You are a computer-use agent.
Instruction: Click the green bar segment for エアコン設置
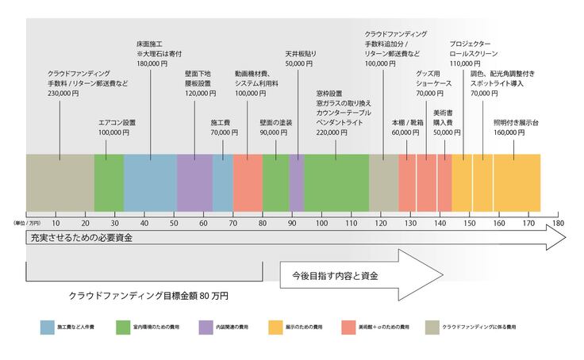click(109, 182)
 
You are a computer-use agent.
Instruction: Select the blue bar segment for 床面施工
click(150, 182)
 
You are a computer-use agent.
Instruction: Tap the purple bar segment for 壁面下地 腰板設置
click(194, 182)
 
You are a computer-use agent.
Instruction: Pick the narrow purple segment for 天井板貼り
click(296, 182)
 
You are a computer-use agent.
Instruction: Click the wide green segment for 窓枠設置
click(336, 182)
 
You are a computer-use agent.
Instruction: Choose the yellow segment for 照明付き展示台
click(517, 182)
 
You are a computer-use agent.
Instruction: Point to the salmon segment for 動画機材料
click(248, 182)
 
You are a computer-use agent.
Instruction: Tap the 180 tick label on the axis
click(558, 224)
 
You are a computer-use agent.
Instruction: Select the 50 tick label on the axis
click(174, 224)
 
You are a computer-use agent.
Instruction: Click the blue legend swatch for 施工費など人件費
click(50, 326)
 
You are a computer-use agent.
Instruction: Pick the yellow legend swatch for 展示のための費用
click(278, 326)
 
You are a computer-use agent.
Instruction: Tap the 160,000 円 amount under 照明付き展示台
click(509, 133)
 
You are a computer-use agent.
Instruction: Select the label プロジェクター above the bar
click(470, 42)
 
